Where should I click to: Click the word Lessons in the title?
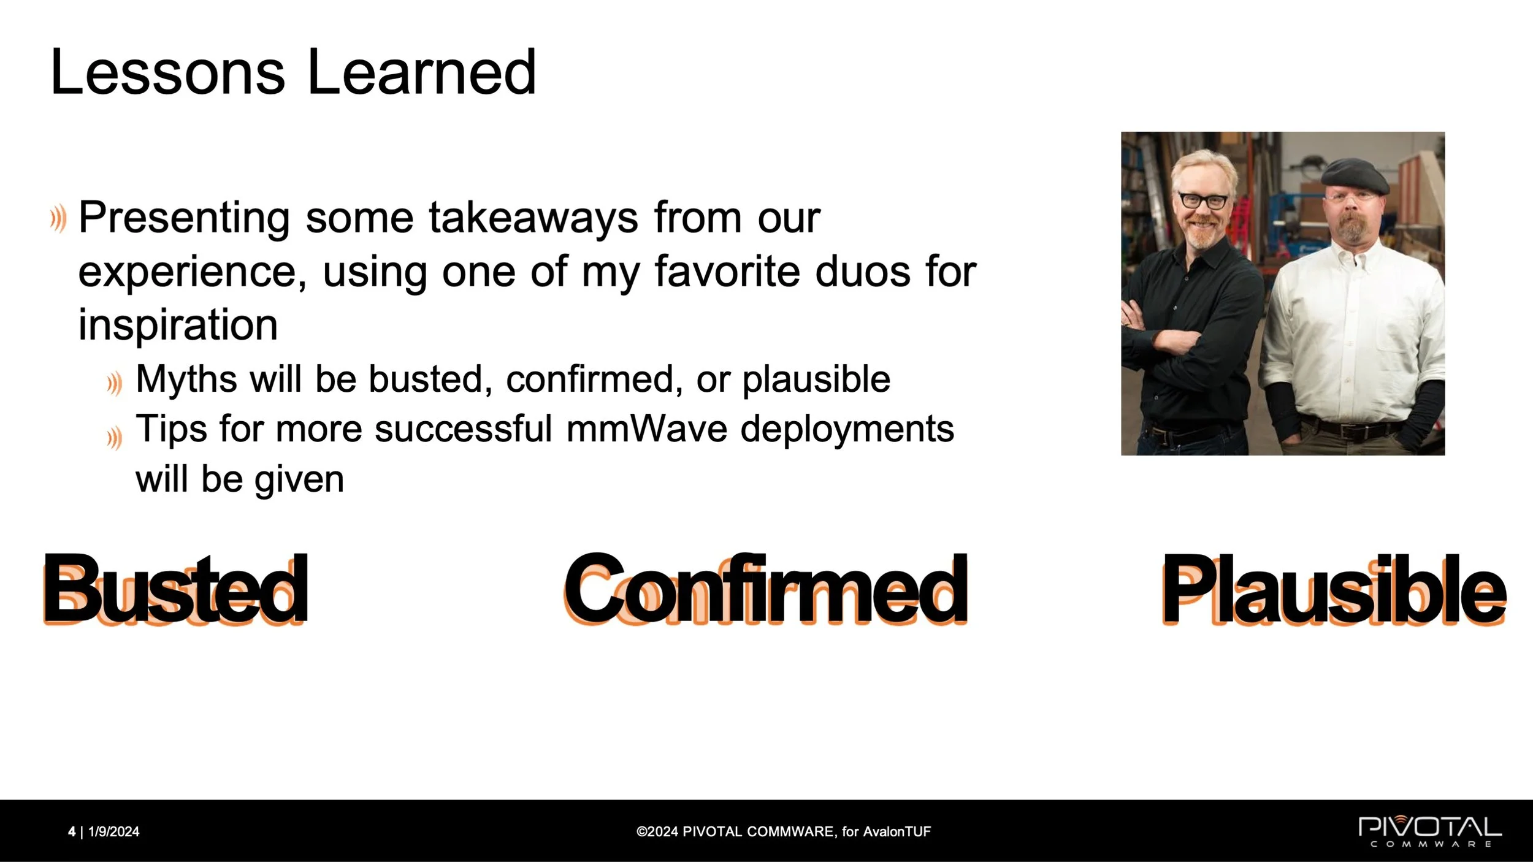pyautogui.click(x=168, y=72)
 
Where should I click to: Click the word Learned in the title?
pyautogui.click(x=422, y=72)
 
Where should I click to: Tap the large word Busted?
pyautogui.click(x=175, y=589)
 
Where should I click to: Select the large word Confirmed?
pyautogui.click(x=766, y=589)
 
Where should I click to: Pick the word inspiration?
pyautogui.click(x=178, y=325)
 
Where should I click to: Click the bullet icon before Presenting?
pyautogui.click(x=58, y=219)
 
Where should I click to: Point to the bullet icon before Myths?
pyautogui.click(x=114, y=384)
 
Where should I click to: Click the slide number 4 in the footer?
pyautogui.click(x=72, y=831)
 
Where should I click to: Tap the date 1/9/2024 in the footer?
pyautogui.click(x=114, y=831)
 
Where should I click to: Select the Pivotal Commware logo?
pyautogui.click(x=1430, y=831)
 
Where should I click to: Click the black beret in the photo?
pyautogui.click(x=1355, y=174)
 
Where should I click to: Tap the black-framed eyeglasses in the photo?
pyautogui.click(x=1203, y=200)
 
